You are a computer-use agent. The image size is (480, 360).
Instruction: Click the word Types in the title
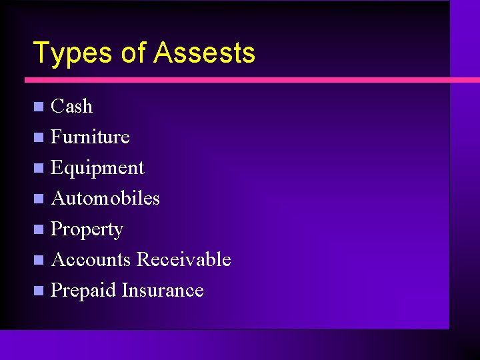[x=73, y=53]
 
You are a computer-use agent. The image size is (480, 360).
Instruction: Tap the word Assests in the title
[x=204, y=53]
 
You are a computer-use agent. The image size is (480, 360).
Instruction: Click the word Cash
[x=71, y=107]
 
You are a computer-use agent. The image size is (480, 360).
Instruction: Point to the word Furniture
[x=90, y=137]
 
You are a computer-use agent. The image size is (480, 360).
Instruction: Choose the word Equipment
[x=97, y=168]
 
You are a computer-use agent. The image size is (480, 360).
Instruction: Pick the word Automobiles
[x=105, y=199]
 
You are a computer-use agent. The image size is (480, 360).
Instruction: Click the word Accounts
[x=91, y=260]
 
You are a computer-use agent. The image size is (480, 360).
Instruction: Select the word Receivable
[x=183, y=260]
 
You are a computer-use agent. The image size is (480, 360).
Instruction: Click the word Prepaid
[x=83, y=291]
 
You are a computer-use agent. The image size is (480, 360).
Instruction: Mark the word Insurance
[x=163, y=291]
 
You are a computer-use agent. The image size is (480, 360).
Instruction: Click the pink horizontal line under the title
[x=240, y=80]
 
